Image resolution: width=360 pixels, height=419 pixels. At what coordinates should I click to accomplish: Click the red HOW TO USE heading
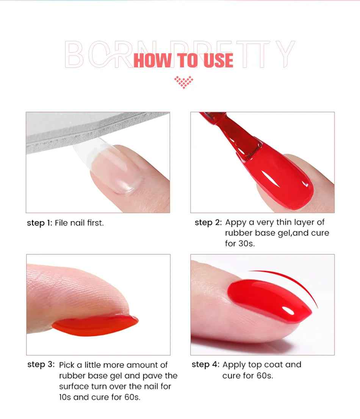pyautogui.click(x=183, y=61)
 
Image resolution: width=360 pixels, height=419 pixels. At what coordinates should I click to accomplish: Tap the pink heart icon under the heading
pyautogui.click(x=183, y=82)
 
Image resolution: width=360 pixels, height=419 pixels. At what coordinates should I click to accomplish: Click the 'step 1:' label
pyautogui.click(x=39, y=223)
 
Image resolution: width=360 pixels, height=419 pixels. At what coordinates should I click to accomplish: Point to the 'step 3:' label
pyautogui.click(x=41, y=365)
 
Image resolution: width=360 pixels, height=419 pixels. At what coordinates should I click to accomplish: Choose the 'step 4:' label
pyautogui.click(x=205, y=364)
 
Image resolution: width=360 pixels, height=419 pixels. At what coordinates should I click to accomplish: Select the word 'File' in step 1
pyautogui.click(x=61, y=223)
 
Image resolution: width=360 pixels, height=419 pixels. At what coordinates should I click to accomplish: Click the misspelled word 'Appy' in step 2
pyautogui.click(x=235, y=223)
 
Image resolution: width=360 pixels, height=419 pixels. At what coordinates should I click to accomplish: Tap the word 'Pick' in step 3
pyautogui.click(x=67, y=365)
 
